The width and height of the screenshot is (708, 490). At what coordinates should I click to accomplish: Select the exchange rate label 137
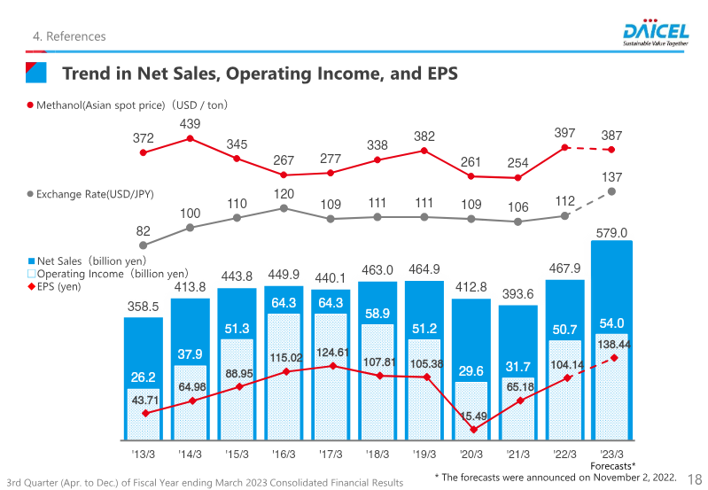612,177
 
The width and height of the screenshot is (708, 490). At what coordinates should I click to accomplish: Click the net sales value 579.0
611,233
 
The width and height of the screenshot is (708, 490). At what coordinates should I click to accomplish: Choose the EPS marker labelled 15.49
473,430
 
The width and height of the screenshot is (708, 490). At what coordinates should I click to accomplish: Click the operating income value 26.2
144,377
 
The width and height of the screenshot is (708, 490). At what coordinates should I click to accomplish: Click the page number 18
695,478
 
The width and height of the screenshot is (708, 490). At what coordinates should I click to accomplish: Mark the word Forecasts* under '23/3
613,465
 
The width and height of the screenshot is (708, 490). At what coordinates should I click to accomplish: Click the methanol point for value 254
517,177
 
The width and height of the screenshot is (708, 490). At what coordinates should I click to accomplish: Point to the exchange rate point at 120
284,208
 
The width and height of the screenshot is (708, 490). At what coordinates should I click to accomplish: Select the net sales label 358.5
143,307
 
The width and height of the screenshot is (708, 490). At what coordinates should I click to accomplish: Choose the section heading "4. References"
69,36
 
